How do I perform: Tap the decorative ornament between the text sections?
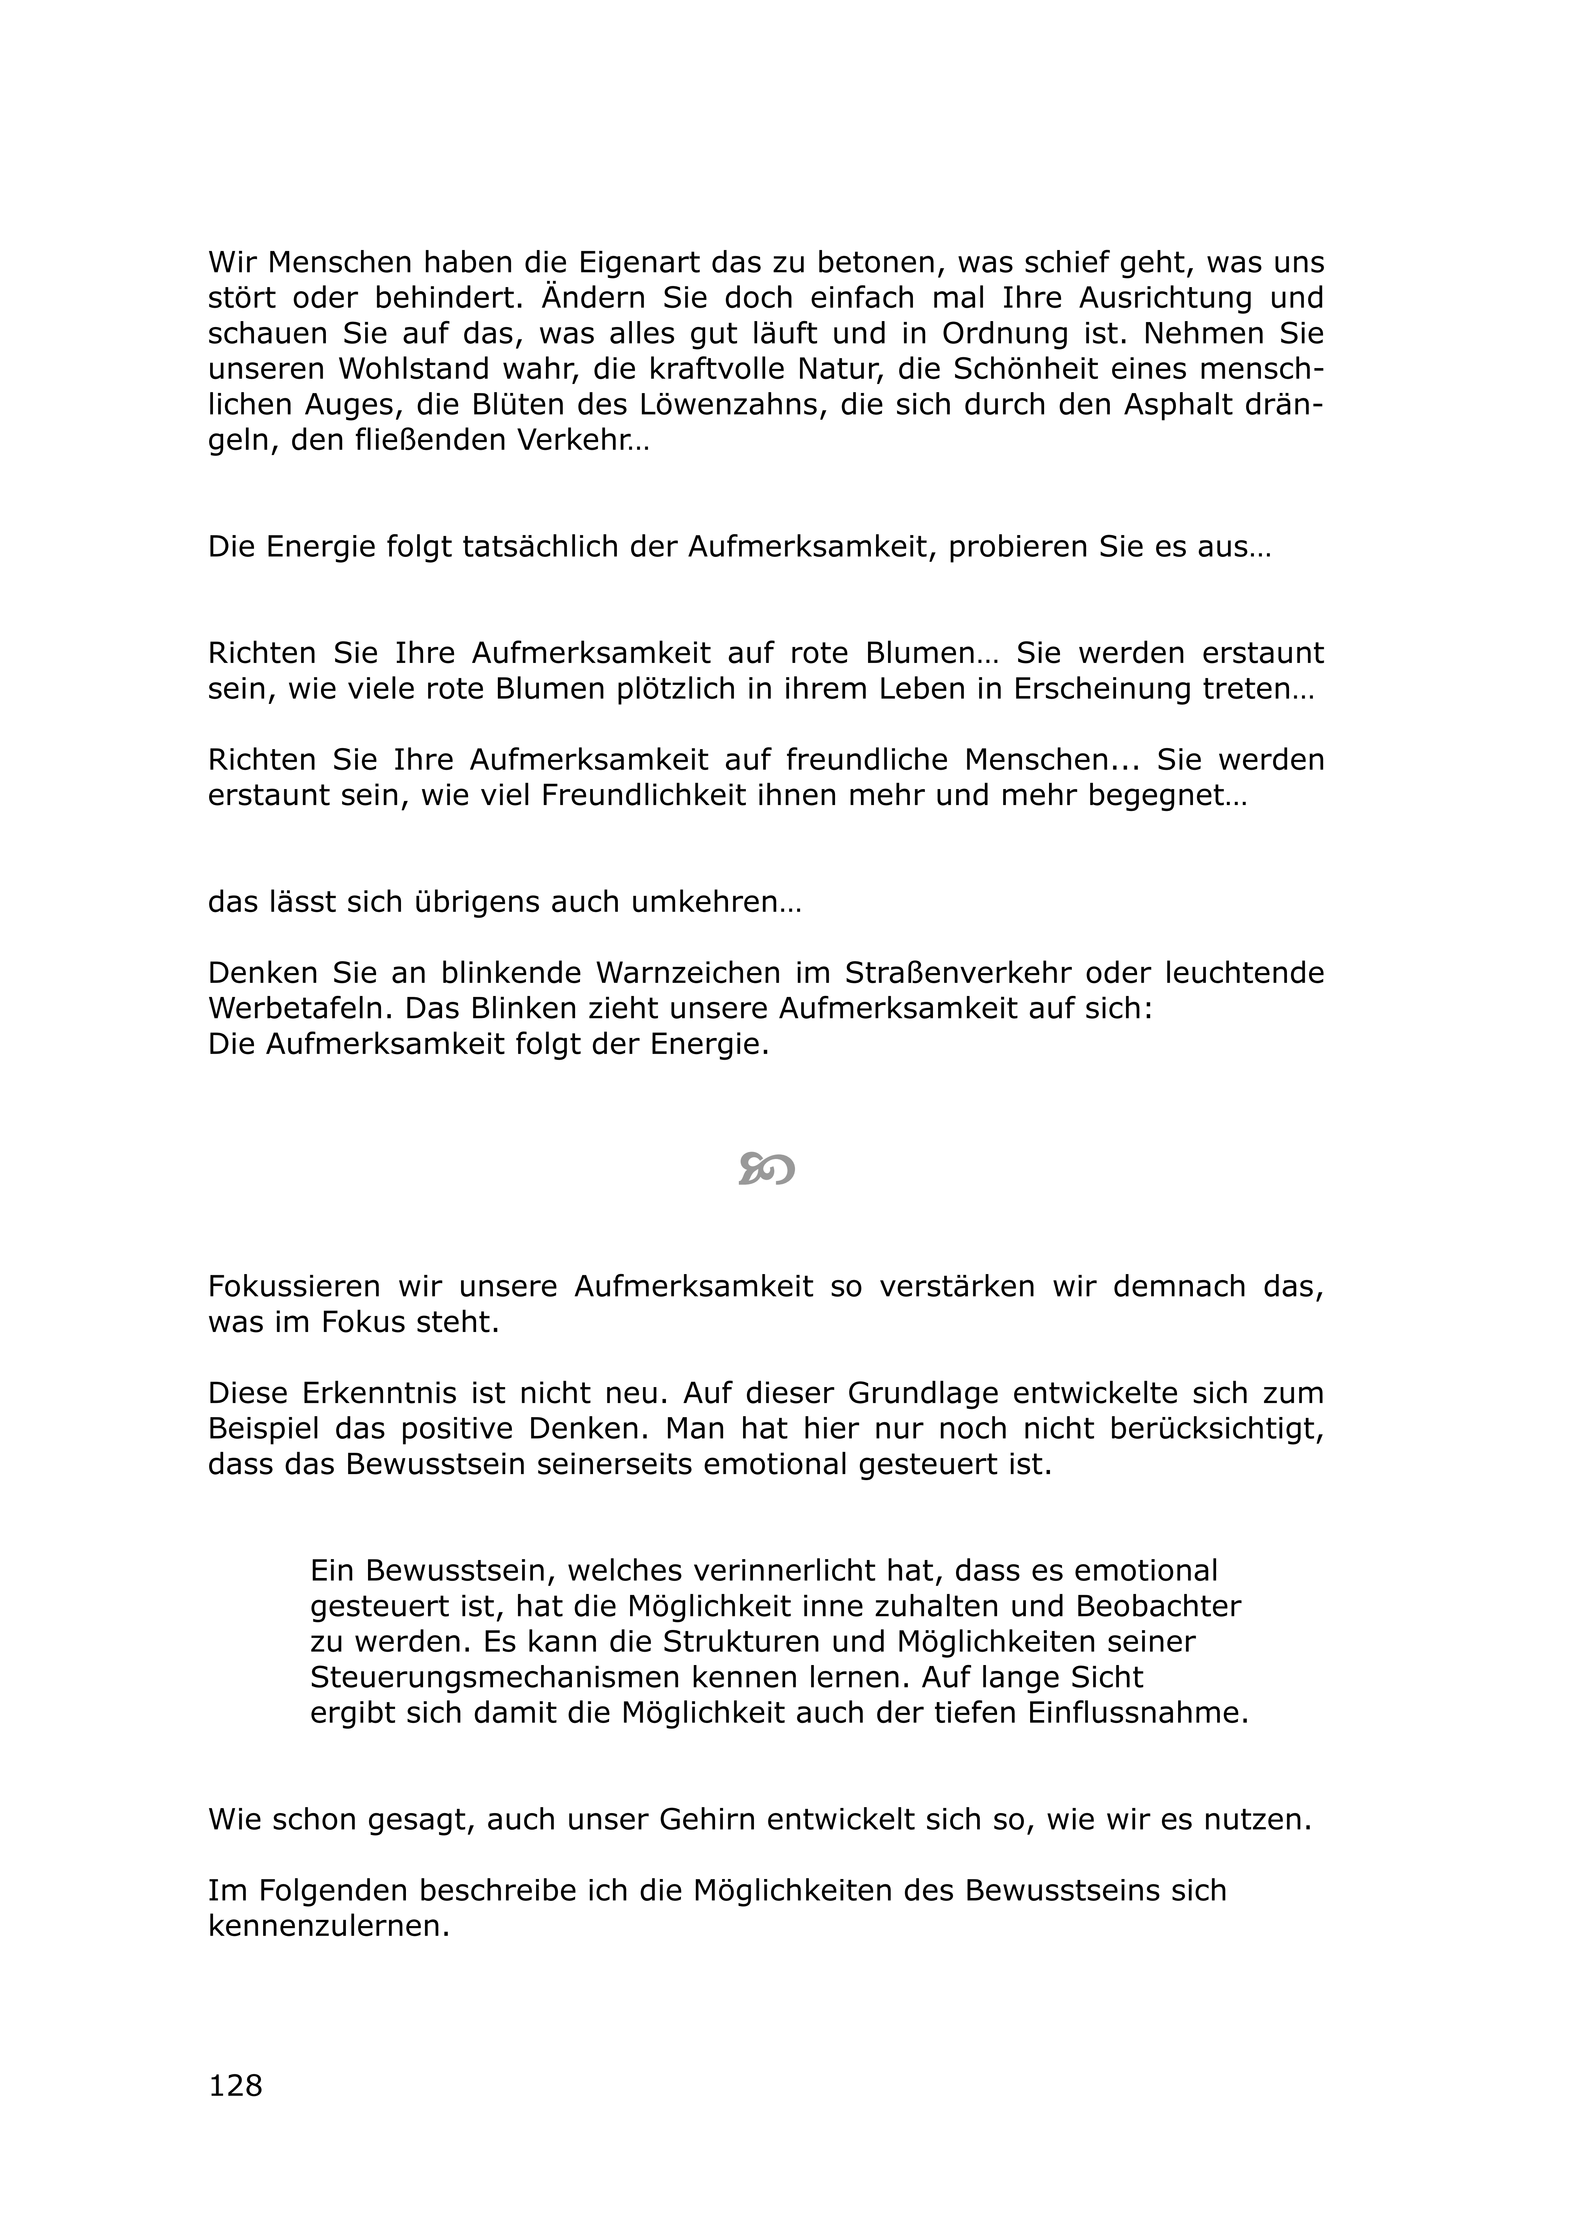coord(767,1169)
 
